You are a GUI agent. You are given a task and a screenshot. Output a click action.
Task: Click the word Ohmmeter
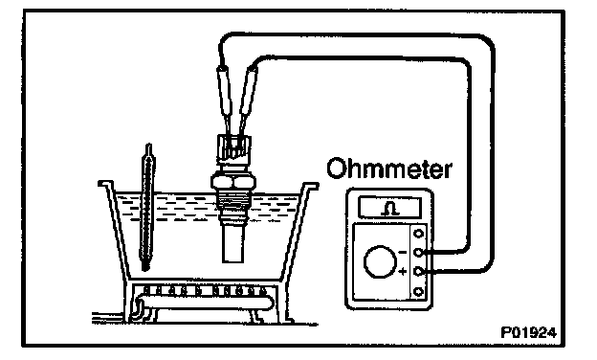point(389,168)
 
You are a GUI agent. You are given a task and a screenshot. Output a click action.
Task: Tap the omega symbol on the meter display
point(390,209)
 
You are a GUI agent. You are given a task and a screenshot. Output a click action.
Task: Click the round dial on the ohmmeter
point(381,261)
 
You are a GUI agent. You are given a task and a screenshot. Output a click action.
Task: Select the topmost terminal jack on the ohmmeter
point(418,234)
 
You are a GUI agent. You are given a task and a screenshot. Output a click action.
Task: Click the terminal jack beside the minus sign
point(418,252)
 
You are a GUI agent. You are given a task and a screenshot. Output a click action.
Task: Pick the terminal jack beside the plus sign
point(418,271)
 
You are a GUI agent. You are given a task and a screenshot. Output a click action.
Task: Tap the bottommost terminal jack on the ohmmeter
point(418,292)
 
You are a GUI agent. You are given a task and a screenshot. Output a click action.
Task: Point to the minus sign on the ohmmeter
point(403,252)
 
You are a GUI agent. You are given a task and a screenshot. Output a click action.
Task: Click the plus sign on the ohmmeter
point(403,272)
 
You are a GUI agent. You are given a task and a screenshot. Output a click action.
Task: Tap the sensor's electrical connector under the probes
point(233,149)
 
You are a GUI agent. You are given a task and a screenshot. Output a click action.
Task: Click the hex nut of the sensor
point(232,182)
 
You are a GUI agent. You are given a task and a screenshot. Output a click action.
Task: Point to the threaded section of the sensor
point(232,199)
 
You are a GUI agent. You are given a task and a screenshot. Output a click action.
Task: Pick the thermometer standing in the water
point(147,207)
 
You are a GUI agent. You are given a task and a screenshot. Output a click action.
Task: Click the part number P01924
point(528,332)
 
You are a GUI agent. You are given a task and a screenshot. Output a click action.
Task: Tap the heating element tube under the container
point(205,303)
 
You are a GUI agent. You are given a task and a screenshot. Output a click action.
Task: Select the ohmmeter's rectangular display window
point(390,208)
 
